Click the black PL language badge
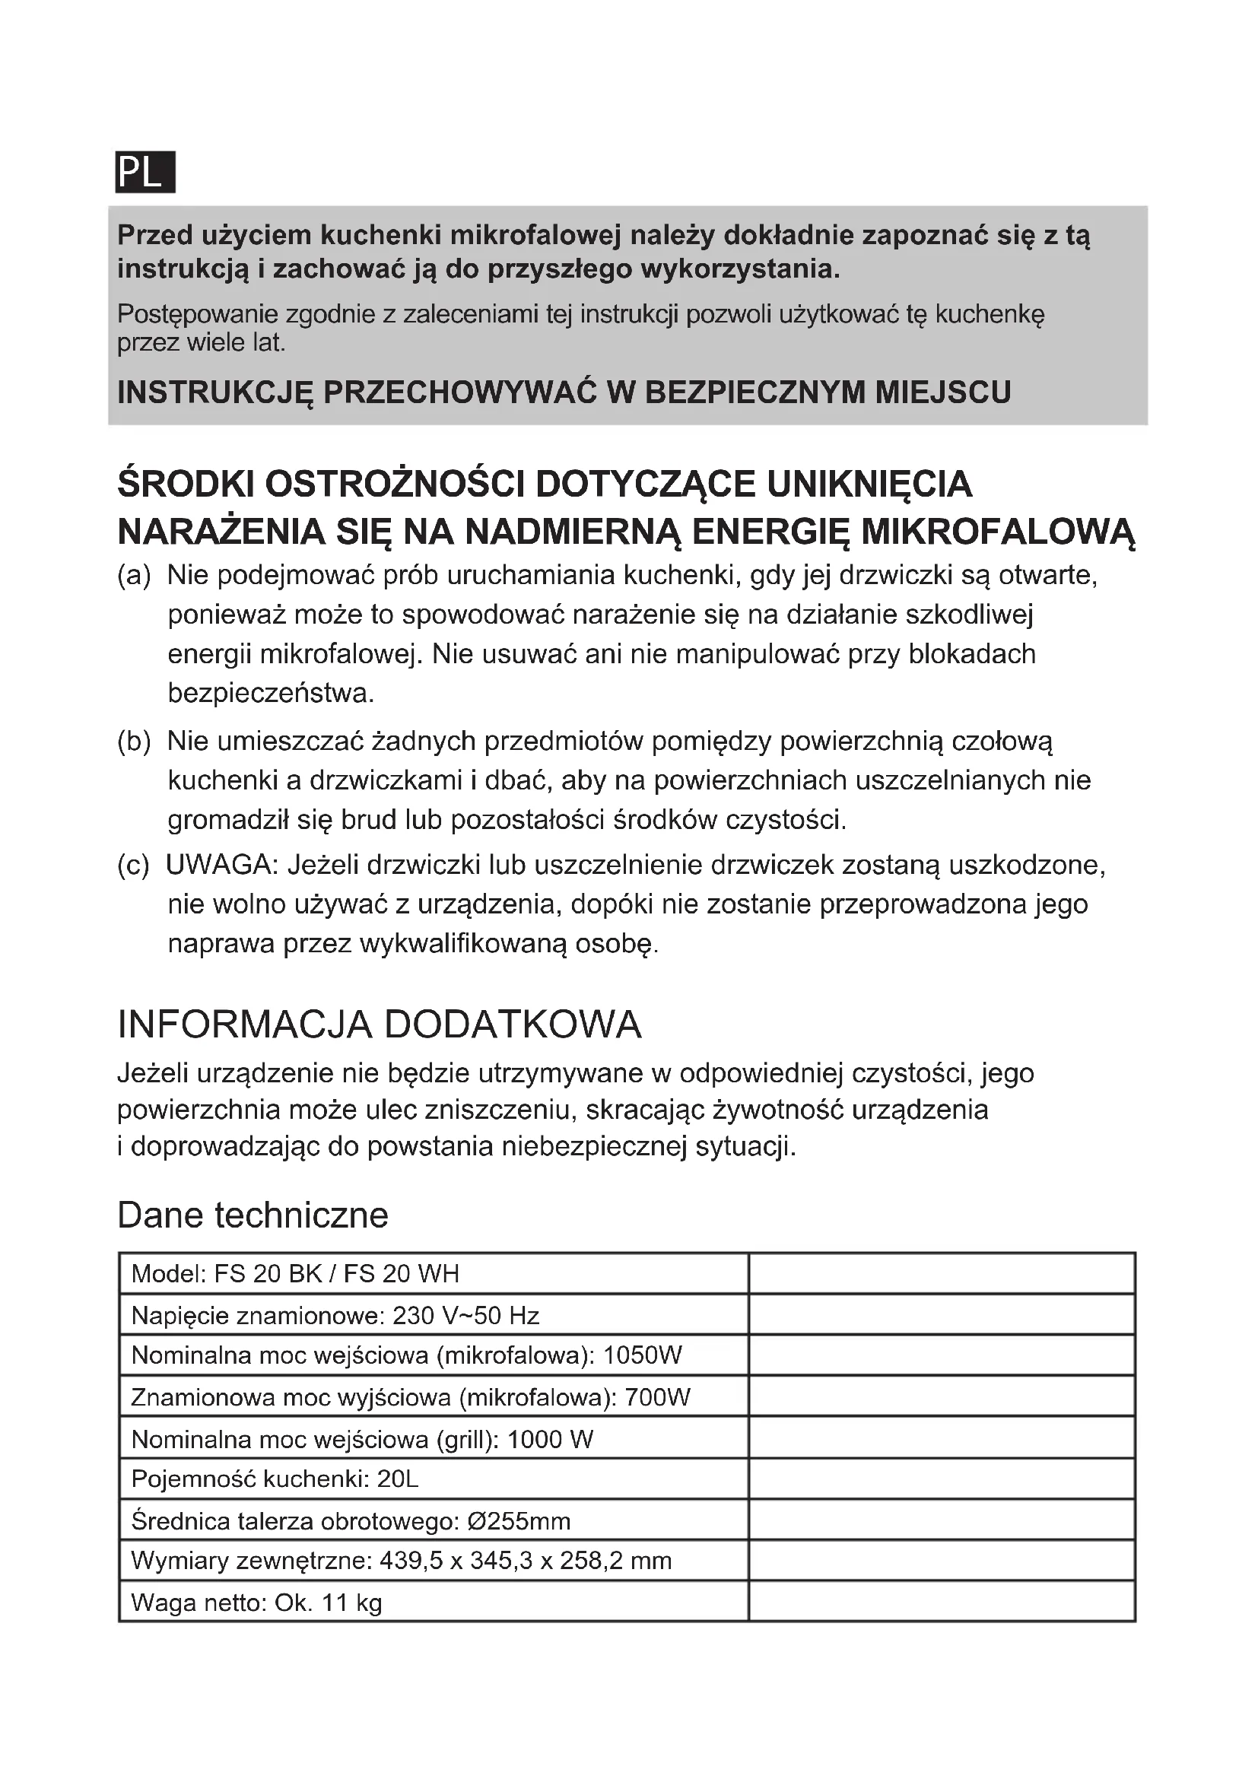tap(145, 171)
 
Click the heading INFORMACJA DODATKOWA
tap(379, 1025)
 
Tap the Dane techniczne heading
tap(253, 1215)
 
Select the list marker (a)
tap(133, 576)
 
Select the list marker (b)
tap(133, 742)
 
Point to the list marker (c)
tap(132, 865)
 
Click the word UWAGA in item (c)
tap(221, 865)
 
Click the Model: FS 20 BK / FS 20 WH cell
tap(295, 1274)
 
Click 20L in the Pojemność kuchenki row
tap(397, 1479)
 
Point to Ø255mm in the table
tap(519, 1521)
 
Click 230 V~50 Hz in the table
tap(465, 1316)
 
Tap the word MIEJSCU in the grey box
tap(942, 392)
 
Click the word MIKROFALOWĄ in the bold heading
tap(998, 532)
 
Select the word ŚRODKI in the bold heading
tap(185, 485)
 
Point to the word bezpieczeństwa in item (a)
tap(271, 693)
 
